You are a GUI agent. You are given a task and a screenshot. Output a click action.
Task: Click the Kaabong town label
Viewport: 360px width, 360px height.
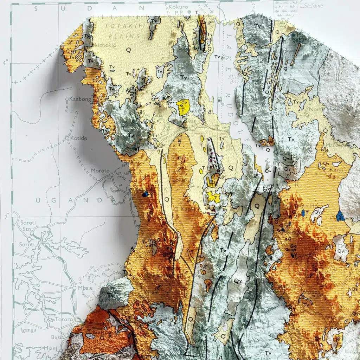81,99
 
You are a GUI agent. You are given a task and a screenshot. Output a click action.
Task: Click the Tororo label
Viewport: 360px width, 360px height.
63,320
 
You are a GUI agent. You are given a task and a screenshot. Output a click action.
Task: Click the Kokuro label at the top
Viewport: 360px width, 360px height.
178,7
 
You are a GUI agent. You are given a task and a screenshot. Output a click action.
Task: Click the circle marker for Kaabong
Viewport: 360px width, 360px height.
67,100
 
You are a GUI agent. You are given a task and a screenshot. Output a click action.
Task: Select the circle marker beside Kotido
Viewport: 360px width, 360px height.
67,138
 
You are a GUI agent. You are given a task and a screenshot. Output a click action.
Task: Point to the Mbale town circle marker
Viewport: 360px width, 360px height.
75,287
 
